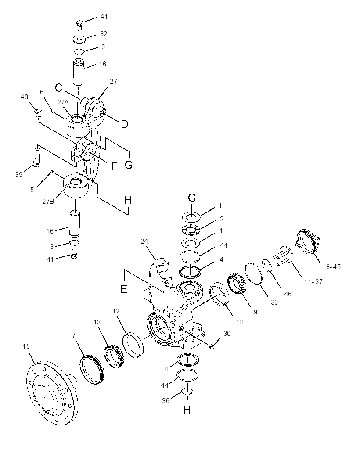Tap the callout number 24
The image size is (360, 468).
tap(144, 241)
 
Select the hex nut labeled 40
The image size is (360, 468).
tap(37, 113)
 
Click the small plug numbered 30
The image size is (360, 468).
tap(212, 346)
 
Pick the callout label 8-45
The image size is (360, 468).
tap(333, 267)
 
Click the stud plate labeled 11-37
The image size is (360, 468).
tap(282, 256)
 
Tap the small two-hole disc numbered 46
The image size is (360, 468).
tap(267, 266)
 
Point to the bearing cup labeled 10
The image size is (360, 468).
tap(219, 294)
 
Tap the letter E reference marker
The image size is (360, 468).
tap(123, 289)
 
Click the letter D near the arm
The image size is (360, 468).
tap(125, 124)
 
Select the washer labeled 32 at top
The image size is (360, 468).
tap(79, 39)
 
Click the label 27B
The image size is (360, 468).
tap(48, 201)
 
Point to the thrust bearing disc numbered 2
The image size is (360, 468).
tap(190, 229)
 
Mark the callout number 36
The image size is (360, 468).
tap(166, 400)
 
